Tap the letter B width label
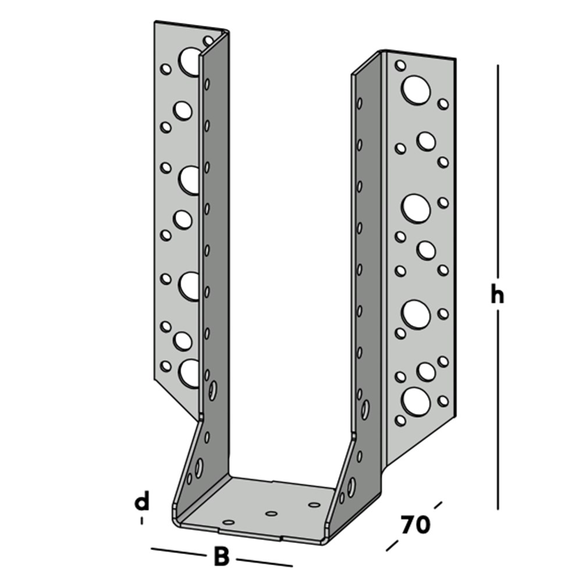tap(222, 556)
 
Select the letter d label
tap(141, 501)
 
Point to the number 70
tap(415, 525)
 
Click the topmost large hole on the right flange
tap(416, 90)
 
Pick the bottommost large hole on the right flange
tap(416, 402)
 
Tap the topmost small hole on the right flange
tap(400, 65)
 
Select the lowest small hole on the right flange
tap(400, 420)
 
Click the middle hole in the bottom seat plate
tap(271, 514)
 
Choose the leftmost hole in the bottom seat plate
tap(228, 522)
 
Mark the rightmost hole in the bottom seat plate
tap(314, 505)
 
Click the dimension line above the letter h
tap(498, 173)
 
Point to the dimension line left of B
tap(178, 552)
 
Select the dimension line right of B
tap(264, 562)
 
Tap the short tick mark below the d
tap(141, 520)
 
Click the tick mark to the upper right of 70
tap(438, 506)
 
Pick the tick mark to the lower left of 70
tap(392, 546)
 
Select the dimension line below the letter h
tap(498, 410)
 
